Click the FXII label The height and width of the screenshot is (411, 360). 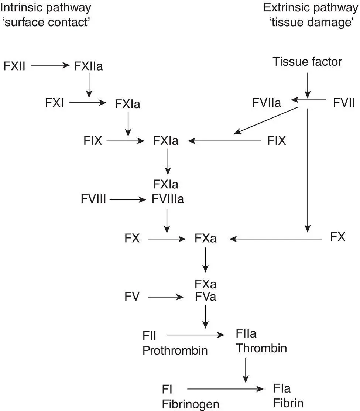(x=15, y=66)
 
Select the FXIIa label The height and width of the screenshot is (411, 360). (x=88, y=66)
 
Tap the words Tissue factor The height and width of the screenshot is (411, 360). (x=307, y=61)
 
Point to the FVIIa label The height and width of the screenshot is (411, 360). (x=267, y=102)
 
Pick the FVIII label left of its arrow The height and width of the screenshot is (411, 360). (x=94, y=200)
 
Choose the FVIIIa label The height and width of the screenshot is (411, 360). (x=168, y=200)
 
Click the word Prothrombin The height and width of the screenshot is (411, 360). (x=175, y=350)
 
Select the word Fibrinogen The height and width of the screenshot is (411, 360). (x=191, y=404)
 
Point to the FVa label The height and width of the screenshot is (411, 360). (x=206, y=297)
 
